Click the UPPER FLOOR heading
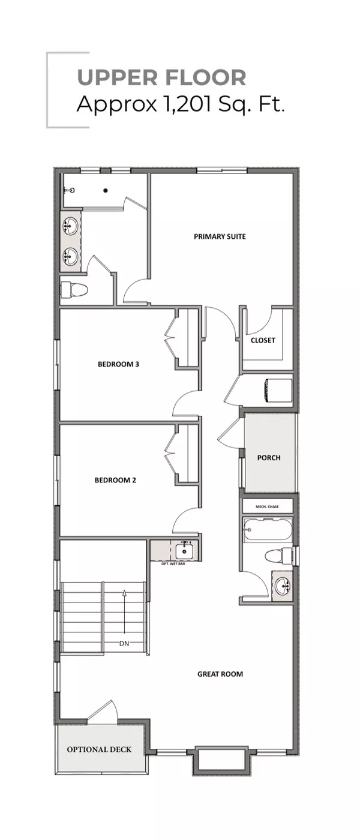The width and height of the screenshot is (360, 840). coord(161,78)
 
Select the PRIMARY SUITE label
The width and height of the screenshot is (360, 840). coord(220,236)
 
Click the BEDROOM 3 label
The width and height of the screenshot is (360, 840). coord(119,364)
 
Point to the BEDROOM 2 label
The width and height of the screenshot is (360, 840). coord(115,480)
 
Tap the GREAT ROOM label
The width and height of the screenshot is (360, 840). coord(220,674)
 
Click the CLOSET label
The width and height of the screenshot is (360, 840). coord(263,340)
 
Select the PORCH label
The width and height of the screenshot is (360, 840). coord(269,458)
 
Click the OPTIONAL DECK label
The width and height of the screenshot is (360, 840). coord(99,749)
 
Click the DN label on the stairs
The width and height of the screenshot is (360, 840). coord(124,644)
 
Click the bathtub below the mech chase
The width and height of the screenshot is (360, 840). coord(268,530)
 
